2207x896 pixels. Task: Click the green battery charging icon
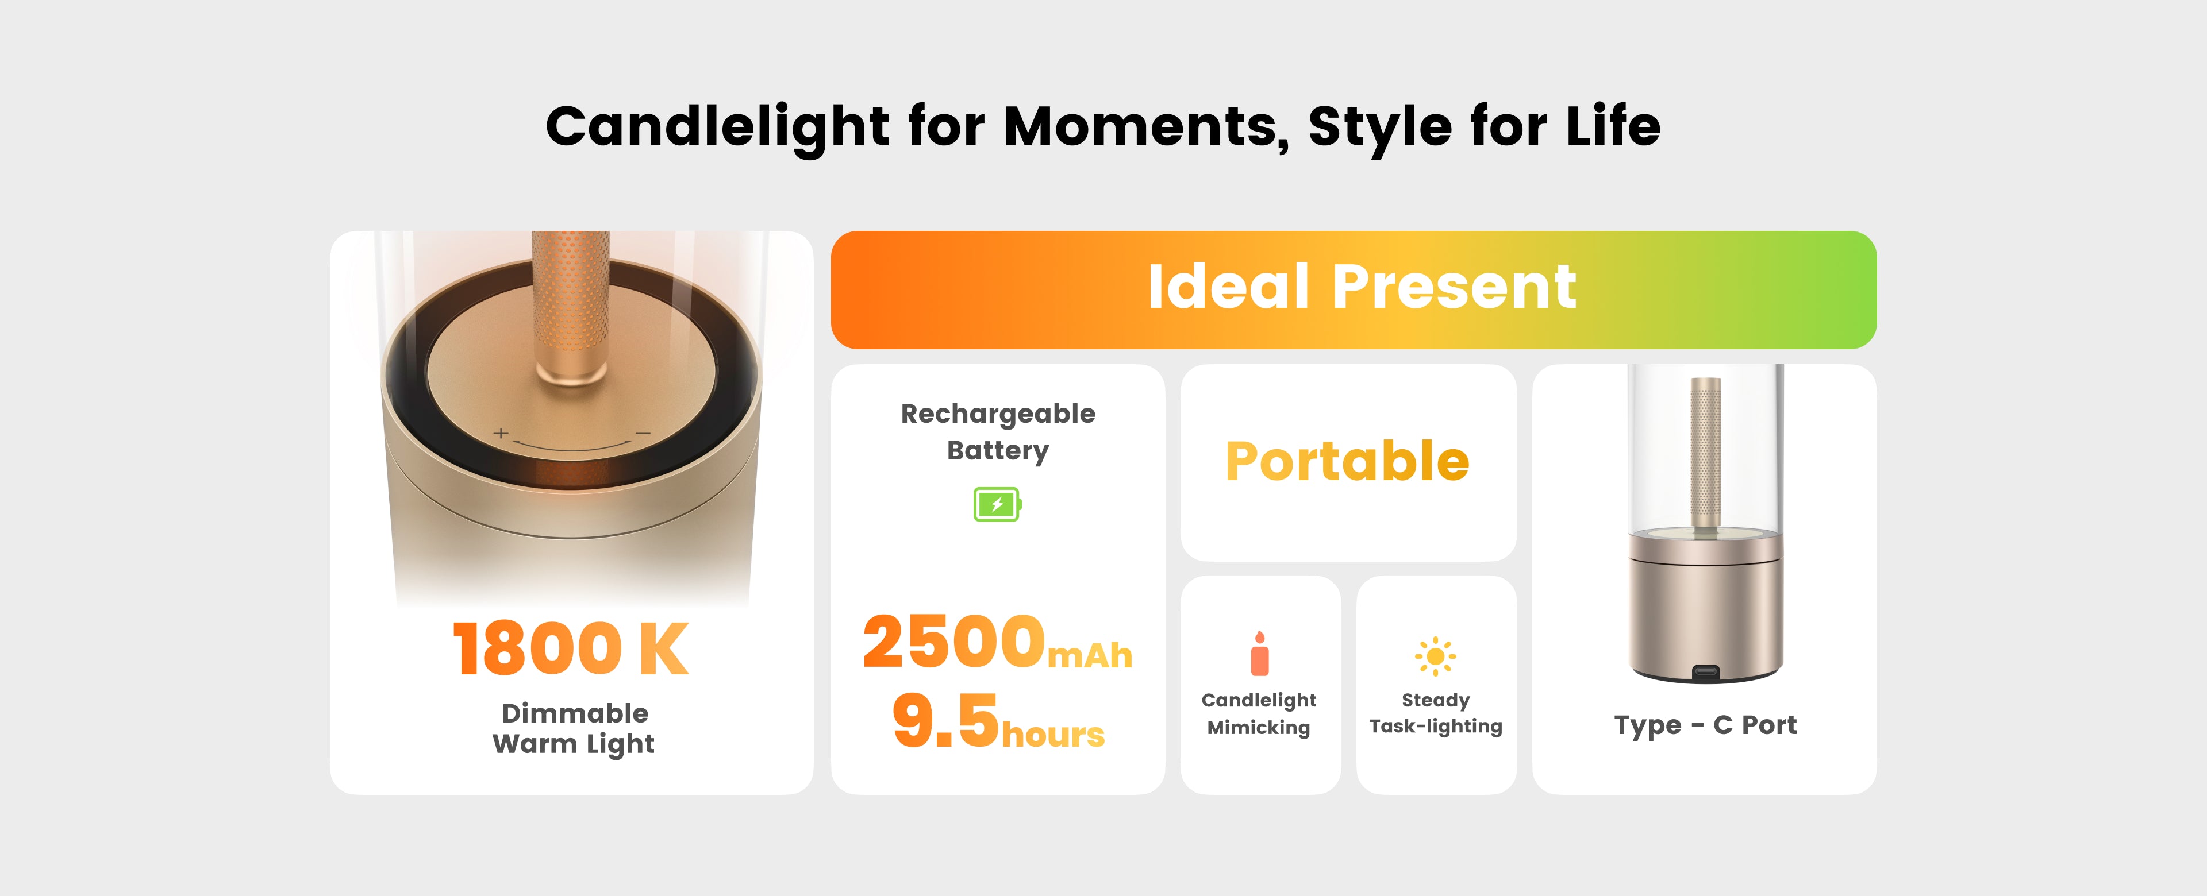(997, 504)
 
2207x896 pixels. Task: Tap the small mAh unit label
(1090, 655)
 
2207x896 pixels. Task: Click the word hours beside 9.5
(1053, 734)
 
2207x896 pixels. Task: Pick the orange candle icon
(1259, 654)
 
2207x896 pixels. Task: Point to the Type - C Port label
(1705, 725)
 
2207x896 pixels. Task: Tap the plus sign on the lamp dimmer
(501, 434)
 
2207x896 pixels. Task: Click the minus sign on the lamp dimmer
(644, 434)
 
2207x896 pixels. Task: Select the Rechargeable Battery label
(998, 432)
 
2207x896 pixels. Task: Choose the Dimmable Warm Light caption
(574, 729)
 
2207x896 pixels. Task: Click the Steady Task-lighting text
(1436, 713)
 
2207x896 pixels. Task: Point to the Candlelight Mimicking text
(1259, 713)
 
